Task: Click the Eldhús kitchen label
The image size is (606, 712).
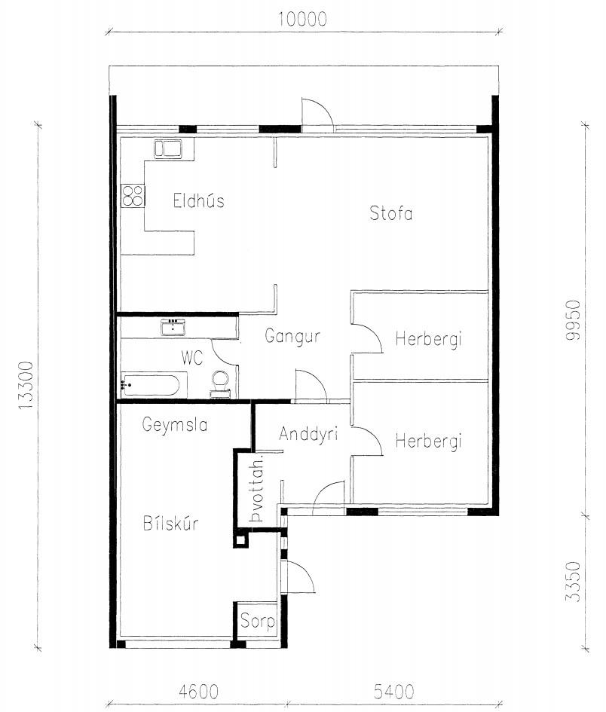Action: (x=198, y=200)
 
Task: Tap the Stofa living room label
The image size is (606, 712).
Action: (x=391, y=213)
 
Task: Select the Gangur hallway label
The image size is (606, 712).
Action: (x=292, y=337)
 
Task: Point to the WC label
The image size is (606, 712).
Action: (x=192, y=358)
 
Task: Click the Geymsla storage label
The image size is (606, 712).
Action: (x=174, y=425)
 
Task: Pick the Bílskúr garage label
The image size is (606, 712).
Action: (x=171, y=523)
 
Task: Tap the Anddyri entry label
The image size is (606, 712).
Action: (x=308, y=435)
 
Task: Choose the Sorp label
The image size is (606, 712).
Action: (x=258, y=621)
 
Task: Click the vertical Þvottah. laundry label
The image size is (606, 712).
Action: (x=257, y=490)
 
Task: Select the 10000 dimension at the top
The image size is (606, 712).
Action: (x=302, y=20)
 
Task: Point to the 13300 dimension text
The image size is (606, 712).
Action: (x=26, y=386)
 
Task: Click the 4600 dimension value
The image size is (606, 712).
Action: (x=198, y=692)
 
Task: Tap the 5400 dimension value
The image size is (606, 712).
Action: (x=394, y=692)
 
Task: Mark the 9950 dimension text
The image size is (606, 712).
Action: (x=574, y=319)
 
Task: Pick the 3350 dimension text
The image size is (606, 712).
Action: (x=574, y=582)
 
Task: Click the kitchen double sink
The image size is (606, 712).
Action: (x=167, y=148)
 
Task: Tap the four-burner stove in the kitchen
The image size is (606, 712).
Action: (x=133, y=196)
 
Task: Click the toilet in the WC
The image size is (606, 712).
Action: (x=220, y=384)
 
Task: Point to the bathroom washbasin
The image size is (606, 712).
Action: (x=173, y=327)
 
